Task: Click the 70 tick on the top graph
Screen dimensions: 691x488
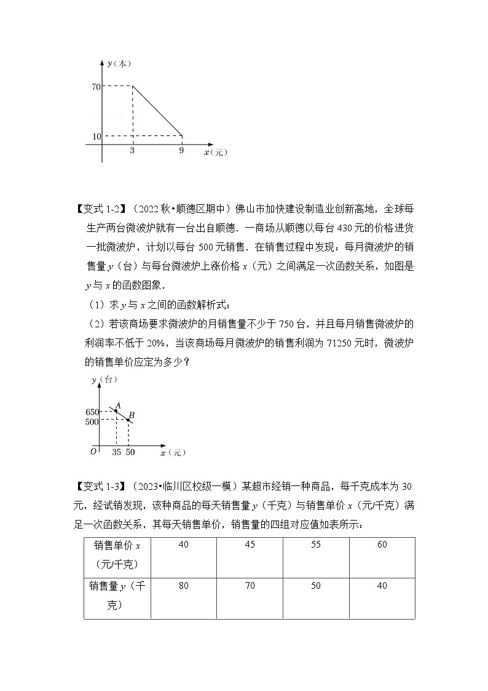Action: click(96, 87)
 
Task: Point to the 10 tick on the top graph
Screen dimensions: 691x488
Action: click(96, 135)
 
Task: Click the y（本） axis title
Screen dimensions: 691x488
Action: click(117, 63)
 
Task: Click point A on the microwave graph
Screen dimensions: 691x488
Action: click(116, 410)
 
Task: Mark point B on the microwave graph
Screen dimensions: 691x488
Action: click(128, 420)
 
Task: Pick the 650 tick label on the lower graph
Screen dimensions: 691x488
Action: click(93, 412)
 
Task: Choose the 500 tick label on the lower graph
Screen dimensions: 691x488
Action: click(93, 422)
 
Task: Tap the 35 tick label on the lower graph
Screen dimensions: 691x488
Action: click(116, 452)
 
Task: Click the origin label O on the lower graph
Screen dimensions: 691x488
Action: click(93, 452)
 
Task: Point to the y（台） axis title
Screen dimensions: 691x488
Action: click(104, 380)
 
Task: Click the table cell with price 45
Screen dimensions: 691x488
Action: click(250, 545)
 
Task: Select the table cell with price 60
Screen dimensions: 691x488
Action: click(382, 545)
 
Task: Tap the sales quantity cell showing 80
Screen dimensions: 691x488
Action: click(183, 586)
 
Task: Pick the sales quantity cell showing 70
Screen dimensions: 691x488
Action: click(250, 586)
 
